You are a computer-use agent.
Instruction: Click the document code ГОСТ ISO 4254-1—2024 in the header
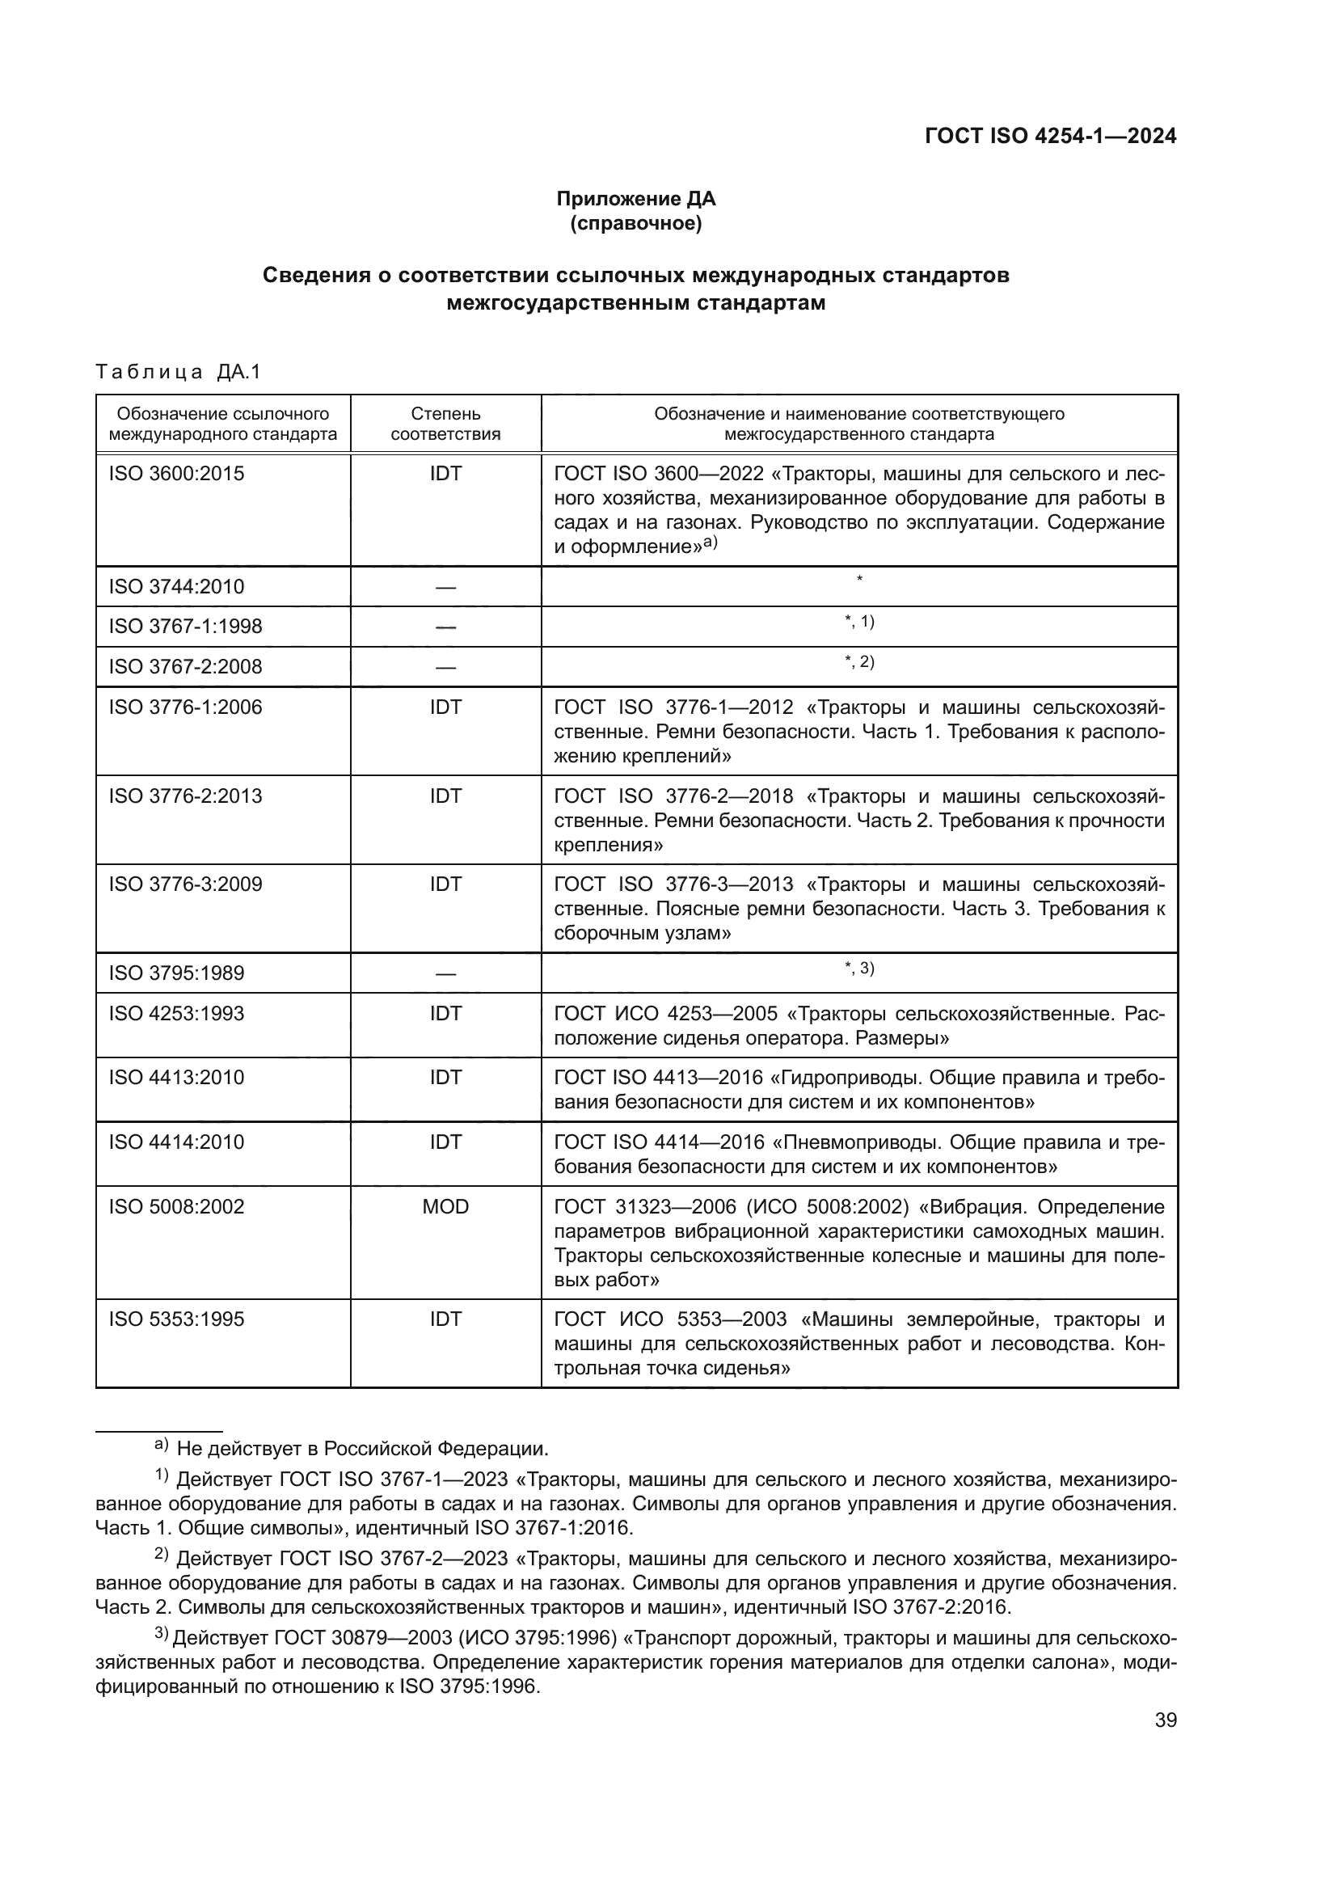1051,136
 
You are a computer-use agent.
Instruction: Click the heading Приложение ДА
635,199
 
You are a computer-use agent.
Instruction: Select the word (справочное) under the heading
635,223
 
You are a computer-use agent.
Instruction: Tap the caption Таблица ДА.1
178,372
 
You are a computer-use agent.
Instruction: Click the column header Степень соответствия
445,424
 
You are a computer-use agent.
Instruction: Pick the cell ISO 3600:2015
176,474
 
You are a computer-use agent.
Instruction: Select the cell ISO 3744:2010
176,586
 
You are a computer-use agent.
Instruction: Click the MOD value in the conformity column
445,1206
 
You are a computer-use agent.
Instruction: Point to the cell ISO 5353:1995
176,1319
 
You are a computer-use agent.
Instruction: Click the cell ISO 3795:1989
176,973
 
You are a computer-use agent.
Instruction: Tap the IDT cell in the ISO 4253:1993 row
445,1013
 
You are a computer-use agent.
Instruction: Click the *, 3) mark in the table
858,969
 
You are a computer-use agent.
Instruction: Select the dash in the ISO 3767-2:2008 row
445,667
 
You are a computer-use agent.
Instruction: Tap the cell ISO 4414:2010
176,1142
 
